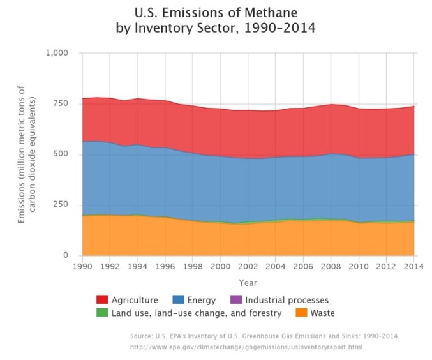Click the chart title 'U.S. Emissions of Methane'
tap(216, 12)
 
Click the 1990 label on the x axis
tap(82, 266)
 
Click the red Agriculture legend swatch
tap(101, 299)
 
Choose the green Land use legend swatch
tap(101, 313)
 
